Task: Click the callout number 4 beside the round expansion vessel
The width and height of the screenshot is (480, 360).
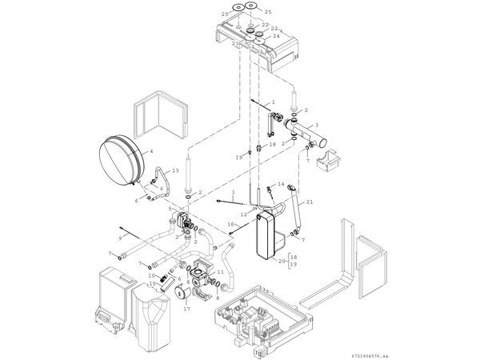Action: (x=151, y=150)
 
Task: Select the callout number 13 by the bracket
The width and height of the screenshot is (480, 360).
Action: (x=175, y=171)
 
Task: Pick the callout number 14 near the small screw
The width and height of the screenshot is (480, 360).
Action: (x=282, y=185)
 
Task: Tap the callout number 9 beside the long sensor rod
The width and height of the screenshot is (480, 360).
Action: (x=121, y=238)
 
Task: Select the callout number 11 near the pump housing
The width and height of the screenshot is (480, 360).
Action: (x=219, y=273)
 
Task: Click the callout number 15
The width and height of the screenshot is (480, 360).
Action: (x=150, y=284)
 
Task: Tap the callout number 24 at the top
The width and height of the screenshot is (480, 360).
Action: (x=276, y=36)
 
